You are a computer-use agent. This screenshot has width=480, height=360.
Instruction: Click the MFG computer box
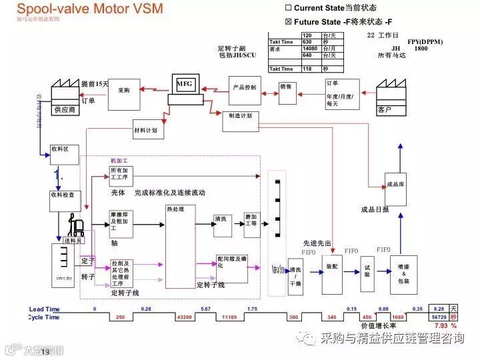point(186,85)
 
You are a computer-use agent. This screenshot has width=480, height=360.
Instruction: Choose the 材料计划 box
point(149,131)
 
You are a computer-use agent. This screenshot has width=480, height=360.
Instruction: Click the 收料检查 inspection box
point(65,198)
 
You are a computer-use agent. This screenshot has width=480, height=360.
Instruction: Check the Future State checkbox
point(288,21)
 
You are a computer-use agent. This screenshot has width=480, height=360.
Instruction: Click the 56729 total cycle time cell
point(439,317)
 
